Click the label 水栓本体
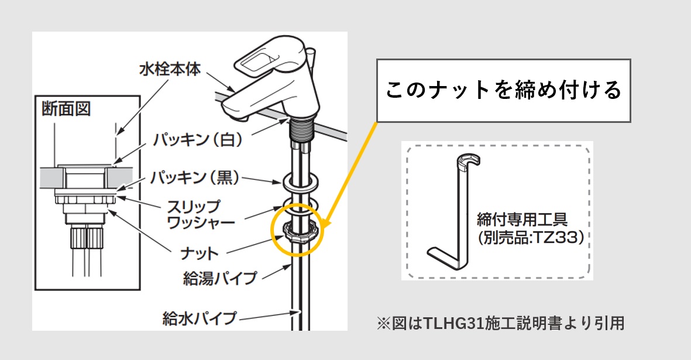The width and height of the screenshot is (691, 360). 170,70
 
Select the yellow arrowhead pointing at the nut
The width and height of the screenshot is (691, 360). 325,223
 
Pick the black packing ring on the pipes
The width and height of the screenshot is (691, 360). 301,183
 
